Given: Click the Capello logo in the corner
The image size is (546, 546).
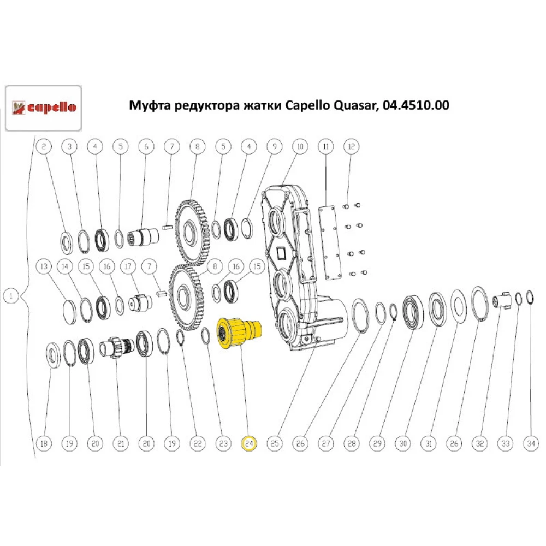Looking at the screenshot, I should pos(44,108).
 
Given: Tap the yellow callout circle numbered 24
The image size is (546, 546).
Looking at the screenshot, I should pos(249,444).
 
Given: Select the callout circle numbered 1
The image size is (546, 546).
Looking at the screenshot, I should pos(11,296).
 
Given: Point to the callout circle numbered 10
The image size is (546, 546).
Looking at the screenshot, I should pos(299,146).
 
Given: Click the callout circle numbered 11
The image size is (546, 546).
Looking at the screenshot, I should pos(325,146).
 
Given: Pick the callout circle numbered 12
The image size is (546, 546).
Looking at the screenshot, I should pos(351,146).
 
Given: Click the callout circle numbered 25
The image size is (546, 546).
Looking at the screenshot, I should pos(274,444).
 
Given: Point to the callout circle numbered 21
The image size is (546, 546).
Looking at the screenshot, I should pos(120,444).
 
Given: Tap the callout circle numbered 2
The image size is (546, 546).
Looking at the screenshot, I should pos(44,146).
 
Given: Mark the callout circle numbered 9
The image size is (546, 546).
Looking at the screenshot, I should pos(274,146).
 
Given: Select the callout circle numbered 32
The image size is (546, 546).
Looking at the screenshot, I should pos(480,444).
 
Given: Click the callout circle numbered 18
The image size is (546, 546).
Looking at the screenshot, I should pos(44,444).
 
